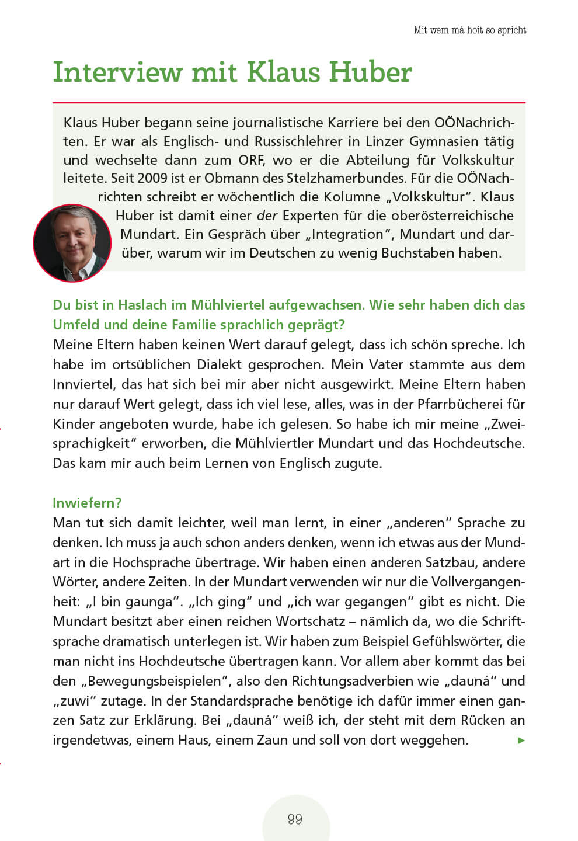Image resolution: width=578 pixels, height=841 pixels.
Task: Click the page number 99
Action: (x=295, y=819)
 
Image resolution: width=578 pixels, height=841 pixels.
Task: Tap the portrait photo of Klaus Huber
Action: (x=72, y=243)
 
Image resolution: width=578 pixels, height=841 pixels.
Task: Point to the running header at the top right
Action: (x=469, y=30)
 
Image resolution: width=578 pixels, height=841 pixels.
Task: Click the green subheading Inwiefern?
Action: (x=87, y=503)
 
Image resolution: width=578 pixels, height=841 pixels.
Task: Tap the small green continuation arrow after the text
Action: (x=521, y=741)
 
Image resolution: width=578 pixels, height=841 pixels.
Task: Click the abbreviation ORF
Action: (x=251, y=159)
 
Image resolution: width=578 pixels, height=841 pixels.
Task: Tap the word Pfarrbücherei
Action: (x=454, y=404)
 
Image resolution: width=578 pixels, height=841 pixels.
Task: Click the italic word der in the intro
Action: (x=267, y=216)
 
